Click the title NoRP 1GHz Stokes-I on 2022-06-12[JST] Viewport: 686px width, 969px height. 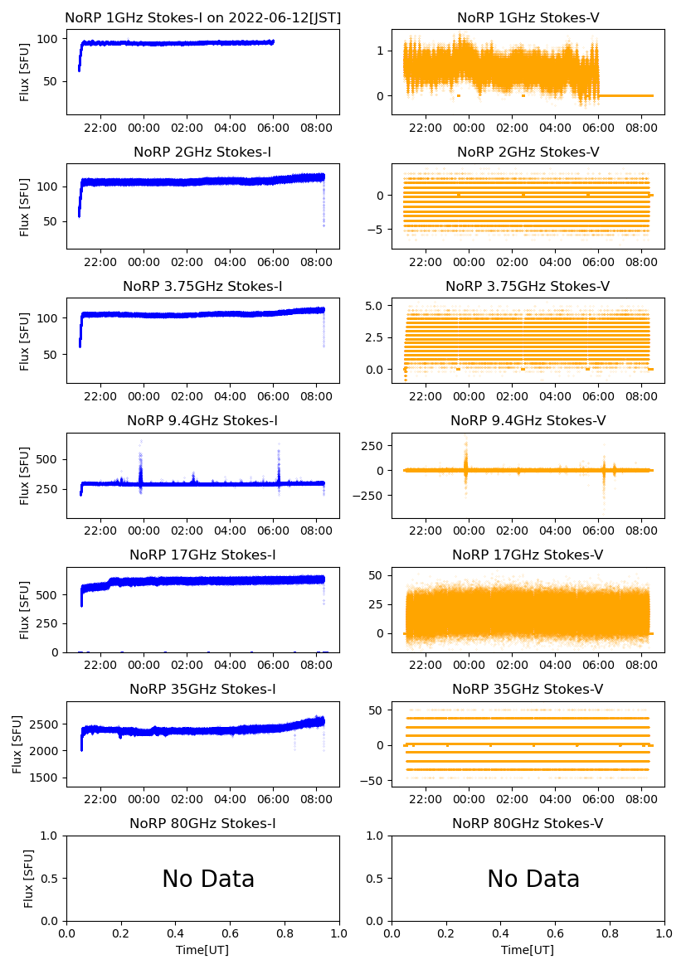202,18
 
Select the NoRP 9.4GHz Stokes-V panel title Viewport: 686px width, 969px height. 528,421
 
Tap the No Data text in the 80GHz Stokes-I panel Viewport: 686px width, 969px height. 207,879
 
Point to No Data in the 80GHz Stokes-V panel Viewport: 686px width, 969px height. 533,879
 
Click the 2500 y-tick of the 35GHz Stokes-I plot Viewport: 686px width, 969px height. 46,724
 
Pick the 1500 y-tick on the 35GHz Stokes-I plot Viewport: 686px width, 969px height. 46,778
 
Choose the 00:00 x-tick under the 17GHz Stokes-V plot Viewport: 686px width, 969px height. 469,665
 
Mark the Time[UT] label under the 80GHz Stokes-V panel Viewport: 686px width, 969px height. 528,949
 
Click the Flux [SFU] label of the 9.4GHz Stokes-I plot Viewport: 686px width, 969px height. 25,475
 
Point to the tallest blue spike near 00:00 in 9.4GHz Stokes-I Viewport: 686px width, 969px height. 141,442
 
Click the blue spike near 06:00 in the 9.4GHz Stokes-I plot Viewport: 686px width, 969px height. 279,444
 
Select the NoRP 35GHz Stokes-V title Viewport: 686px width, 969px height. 528,690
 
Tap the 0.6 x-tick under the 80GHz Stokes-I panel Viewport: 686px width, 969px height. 230,933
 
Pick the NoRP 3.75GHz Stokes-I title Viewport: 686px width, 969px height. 202,287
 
